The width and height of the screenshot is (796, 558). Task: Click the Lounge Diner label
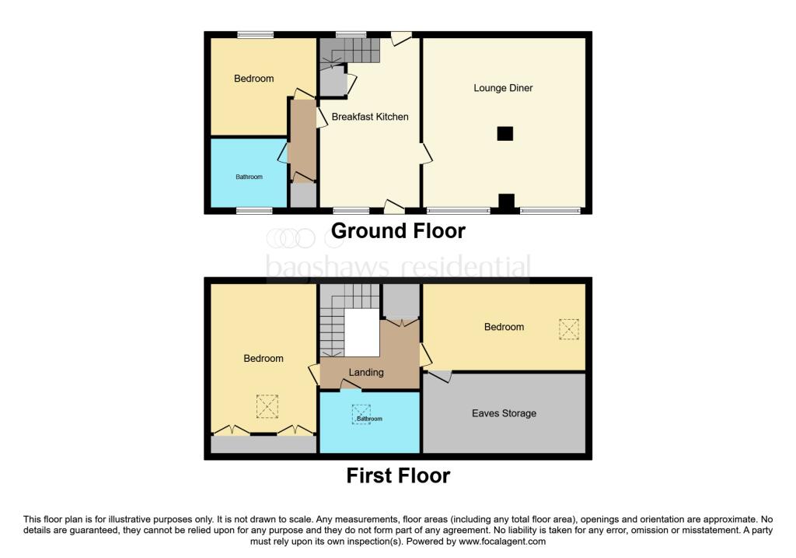click(503, 88)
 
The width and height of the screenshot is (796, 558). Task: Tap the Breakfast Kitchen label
click(370, 117)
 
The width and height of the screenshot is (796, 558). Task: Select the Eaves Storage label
click(504, 413)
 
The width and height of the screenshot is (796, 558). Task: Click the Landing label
click(365, 372)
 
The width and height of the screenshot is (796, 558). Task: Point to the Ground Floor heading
click(398, 231)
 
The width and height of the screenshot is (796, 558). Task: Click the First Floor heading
click(398, 476)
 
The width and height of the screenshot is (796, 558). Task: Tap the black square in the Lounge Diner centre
click(504, 134)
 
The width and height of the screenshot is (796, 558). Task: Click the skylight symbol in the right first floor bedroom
click(569, 329)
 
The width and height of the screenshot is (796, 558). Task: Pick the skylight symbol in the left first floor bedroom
click(267, 405)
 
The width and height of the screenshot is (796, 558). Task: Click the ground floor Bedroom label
click(253, 79)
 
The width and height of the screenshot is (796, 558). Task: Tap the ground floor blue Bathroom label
click(250, 177)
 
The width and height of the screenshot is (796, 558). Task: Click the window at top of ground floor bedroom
click(255, 34)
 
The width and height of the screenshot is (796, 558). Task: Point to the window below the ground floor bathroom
click(254, 210)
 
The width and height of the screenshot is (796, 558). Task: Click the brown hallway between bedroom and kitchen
click(302, 140)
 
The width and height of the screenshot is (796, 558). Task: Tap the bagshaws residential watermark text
click(398, 267)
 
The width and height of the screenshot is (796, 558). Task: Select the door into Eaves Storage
click(441, 376)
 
